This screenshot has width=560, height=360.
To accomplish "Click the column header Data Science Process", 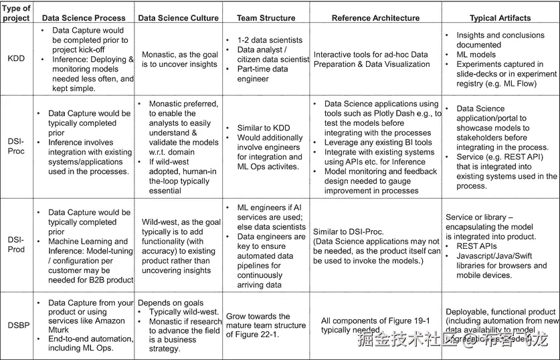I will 83,18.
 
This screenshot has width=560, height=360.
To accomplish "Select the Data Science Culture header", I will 179,18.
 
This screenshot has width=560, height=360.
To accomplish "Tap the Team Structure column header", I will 266,18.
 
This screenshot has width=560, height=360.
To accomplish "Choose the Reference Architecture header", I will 376,18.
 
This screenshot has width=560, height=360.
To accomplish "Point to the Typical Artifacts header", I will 500,18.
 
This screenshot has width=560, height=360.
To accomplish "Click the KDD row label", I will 16,59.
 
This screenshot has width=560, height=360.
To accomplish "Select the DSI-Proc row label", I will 16,147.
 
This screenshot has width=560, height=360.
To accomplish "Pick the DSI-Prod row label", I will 16,245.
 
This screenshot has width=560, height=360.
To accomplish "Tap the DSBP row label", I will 16,326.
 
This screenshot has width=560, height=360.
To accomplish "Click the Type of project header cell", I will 16,13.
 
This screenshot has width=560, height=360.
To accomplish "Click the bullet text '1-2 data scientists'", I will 270,40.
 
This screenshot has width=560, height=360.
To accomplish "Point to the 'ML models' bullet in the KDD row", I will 476,55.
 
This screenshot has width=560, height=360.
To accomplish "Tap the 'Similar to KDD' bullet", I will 264,128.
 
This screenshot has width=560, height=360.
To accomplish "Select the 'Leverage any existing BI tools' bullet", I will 378,143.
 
